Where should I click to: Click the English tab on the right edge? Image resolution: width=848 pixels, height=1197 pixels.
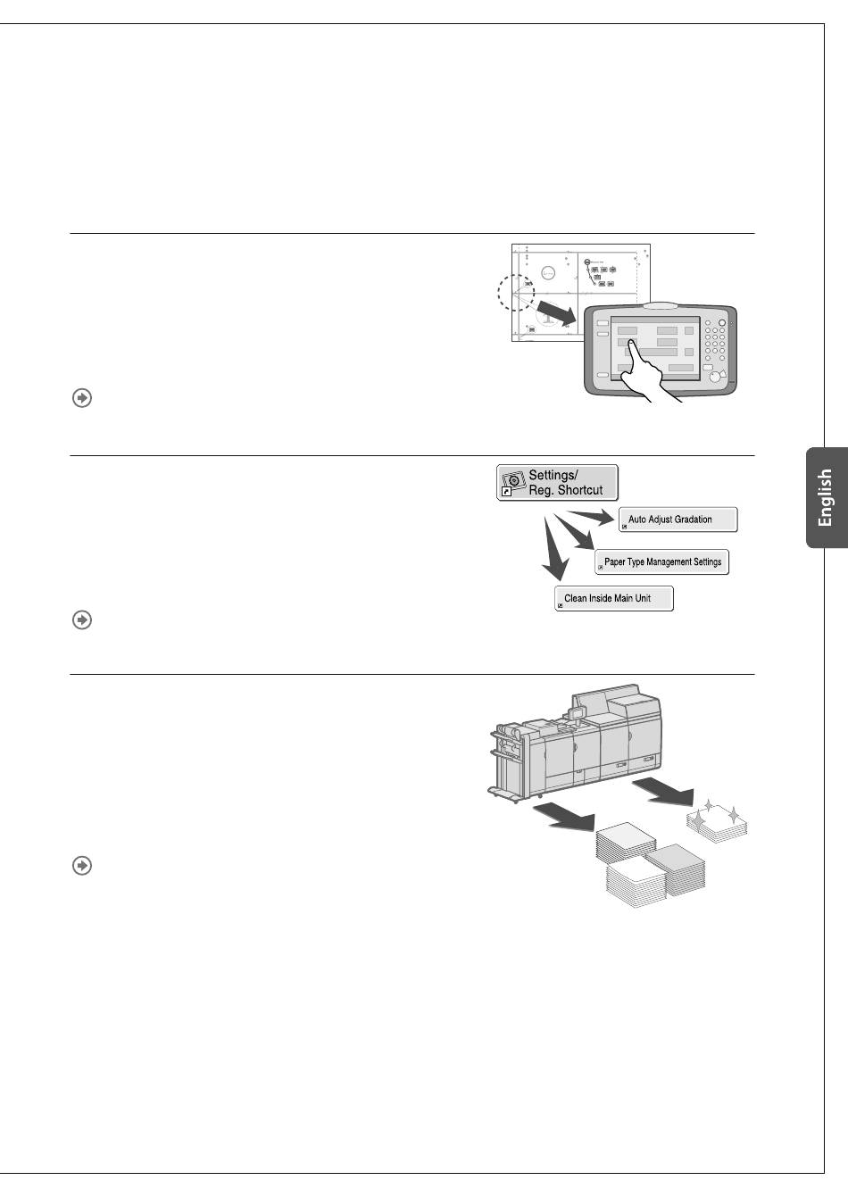pos(827,497)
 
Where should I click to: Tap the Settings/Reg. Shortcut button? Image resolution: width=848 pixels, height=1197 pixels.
pos(557,483)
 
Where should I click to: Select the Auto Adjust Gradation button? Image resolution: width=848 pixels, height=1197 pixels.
pos(678,520)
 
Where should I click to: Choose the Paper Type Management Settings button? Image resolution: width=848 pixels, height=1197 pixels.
pos(661,562)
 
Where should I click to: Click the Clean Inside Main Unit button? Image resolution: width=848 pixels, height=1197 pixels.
pos(613,598)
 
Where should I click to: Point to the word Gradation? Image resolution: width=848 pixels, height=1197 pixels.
pos(691,520)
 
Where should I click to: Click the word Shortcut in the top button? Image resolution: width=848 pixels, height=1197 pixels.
pos(580,490)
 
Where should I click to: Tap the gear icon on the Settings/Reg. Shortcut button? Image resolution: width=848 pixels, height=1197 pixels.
pos(512,481)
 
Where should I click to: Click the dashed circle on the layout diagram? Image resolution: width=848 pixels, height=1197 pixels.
pos(515,291)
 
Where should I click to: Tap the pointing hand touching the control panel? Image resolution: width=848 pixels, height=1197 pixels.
pos(649,378)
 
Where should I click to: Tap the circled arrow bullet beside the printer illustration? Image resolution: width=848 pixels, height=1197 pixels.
pos(81,866)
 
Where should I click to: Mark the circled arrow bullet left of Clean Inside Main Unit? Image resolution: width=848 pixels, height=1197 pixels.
pos(81,619)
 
